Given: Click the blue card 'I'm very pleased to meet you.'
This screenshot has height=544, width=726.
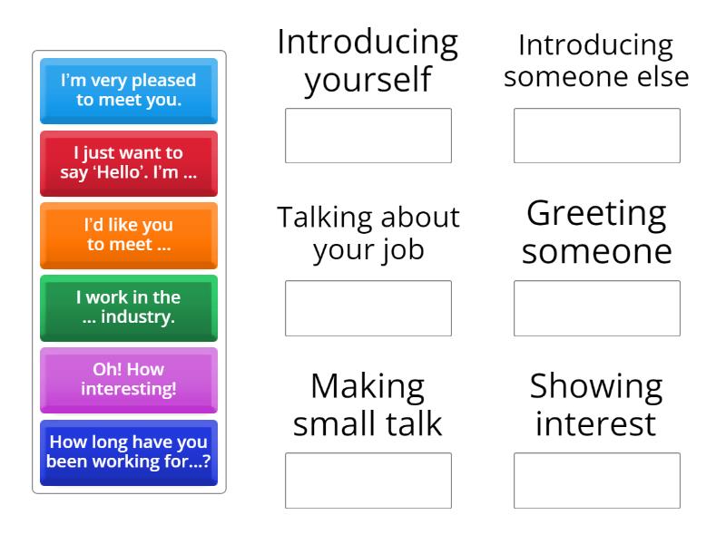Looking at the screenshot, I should coord(129,91).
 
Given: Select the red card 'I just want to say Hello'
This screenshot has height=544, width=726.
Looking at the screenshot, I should coord(129,163).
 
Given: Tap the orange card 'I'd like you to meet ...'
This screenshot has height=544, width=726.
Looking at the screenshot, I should coord(129,235).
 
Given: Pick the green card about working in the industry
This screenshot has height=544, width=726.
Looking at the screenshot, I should coord(129,307).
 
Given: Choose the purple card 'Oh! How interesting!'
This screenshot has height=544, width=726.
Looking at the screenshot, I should coord(129,380).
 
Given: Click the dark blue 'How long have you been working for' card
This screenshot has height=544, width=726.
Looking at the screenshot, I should coord(129,452).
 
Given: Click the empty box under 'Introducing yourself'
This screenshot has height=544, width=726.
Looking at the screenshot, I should coord(368,136).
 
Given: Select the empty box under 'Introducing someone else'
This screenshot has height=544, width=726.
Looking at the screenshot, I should coord(597,136).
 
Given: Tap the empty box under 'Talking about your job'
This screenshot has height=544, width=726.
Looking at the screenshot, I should coord(368,308).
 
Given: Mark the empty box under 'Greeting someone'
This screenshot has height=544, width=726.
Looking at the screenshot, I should coord(597,308).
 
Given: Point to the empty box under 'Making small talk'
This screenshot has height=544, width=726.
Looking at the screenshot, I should coord(368,481).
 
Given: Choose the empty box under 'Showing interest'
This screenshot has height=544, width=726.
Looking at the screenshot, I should coord(597,481).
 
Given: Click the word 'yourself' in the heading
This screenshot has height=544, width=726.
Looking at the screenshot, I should coord(368,80).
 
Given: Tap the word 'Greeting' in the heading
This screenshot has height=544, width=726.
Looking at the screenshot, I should coord(596,214).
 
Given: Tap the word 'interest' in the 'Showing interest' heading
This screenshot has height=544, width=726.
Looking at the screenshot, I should coord(596,423).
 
